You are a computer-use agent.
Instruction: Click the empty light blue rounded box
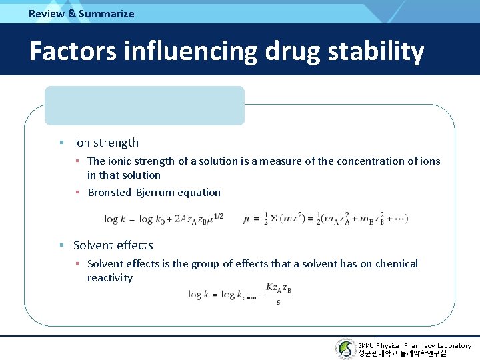(x=145, y=105)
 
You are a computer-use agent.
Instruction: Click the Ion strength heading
(x=106, y=142)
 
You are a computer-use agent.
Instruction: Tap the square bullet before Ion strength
(x=61, y=143)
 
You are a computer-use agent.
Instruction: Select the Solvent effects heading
(x=113, y=245)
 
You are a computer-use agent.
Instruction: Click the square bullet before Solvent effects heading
(x=61, y=245)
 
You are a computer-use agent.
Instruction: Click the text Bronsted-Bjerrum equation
(x=154, y=193)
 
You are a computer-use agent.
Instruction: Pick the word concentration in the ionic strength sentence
(x=368, y=161)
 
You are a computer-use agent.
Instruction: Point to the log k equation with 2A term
(x=164, y=218)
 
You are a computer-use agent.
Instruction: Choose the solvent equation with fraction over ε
(x=241, y=294)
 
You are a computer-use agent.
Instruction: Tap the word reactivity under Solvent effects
(x=110, y=278)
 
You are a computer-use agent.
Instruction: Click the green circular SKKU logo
(x=345, y=349)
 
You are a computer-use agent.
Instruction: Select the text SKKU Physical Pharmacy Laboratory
(x=414, y=345)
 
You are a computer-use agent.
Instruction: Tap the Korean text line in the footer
(x=402, y=353)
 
